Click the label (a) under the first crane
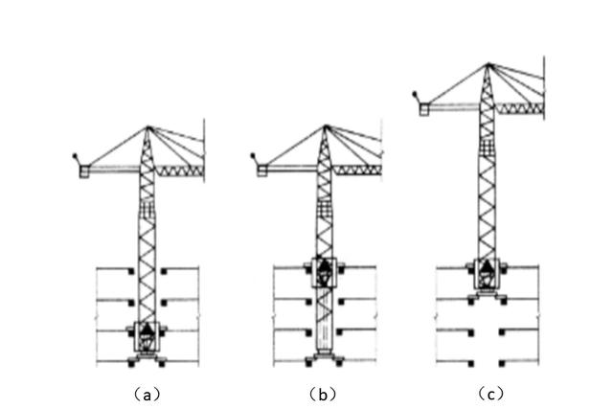146,393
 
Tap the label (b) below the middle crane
323,393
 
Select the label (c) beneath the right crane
489,393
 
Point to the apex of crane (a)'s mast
148,126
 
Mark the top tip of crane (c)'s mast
488,65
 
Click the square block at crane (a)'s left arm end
84,170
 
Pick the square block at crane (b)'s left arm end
261,170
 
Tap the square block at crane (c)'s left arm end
423,109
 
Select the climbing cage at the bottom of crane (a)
148,335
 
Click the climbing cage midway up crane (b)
325,273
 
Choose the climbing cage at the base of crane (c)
488,276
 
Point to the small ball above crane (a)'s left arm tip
75,154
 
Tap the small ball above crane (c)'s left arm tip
414,94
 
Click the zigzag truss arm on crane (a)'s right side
180,170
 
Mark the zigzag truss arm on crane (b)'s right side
356,170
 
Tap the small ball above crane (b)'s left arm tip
252,154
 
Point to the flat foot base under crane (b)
325,361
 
